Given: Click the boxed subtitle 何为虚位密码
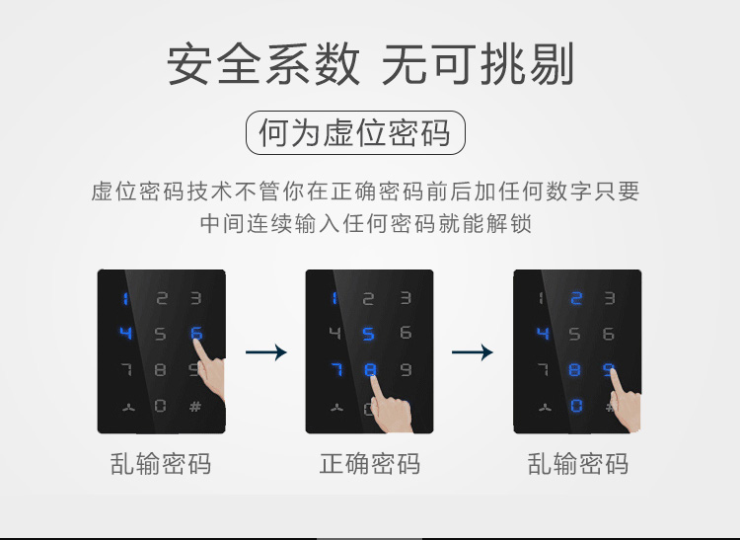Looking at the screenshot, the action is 355,132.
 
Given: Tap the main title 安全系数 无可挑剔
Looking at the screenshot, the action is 370,64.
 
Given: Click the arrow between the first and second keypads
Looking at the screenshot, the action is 266,352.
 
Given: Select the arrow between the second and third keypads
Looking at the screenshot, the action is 473,352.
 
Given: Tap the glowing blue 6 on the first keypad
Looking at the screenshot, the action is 196,334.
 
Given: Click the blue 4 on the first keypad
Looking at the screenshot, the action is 125,333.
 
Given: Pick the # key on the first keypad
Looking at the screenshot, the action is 195,406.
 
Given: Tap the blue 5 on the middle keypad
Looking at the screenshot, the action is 368,334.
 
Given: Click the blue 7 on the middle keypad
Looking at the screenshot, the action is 337,369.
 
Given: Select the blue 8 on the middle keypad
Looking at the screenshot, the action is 370,369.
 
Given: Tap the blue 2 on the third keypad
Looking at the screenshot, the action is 576,298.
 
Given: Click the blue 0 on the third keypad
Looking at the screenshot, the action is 576,406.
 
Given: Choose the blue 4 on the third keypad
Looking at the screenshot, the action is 543,334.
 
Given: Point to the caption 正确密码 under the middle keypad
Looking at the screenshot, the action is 370,464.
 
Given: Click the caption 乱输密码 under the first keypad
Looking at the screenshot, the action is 161,464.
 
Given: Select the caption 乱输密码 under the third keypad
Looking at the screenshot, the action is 577,464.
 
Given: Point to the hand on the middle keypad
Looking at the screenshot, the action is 390,406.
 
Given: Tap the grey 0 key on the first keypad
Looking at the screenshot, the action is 160,406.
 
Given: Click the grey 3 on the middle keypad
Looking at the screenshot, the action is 406,298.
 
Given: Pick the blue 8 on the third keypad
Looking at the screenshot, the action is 574,369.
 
